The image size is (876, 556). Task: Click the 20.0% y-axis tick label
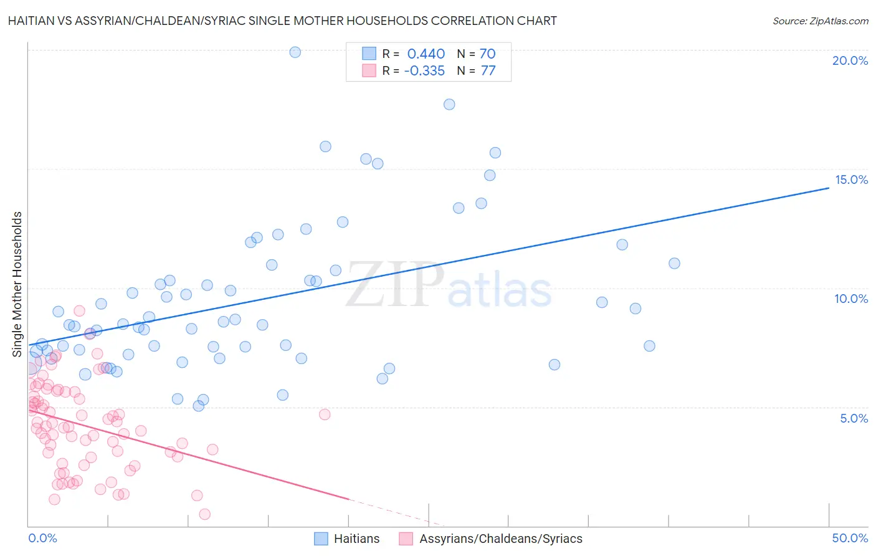pyautogui.click(x=850, y=60)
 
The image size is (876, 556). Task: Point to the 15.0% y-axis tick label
pyautogui.click(x=851, y=180)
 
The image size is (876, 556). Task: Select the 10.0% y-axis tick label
pyautogui.click(x=851, y=299)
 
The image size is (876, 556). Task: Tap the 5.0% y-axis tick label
pyautogui.click(x=854, y=418)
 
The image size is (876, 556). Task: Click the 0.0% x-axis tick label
pyautogui.click(x=42, y=538)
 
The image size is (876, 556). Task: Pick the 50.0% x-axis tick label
pyautogui.click(x=850, y=538)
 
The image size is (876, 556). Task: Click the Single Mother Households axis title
pyautogui.click(x=17, y=284)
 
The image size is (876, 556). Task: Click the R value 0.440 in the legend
pyautogui.click(x=426, y=54)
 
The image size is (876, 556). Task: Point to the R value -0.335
pyautogui.click(x=424, y=70)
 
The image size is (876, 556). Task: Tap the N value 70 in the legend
pyautogui.click(x=487, y=54)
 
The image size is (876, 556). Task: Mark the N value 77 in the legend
pyautogui.click(x=488, y=70)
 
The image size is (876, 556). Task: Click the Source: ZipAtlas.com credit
pyautogui.click(x=820, y=21)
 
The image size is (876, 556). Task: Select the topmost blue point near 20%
pyautogui.click(x=295, y=52)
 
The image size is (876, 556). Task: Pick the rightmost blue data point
pyautogui.click(x=674, y=264)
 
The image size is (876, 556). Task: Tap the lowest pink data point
pyautogui.click(x=204, y=514)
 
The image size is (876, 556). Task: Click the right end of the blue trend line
pyautogui.click(x=829, y=187)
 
